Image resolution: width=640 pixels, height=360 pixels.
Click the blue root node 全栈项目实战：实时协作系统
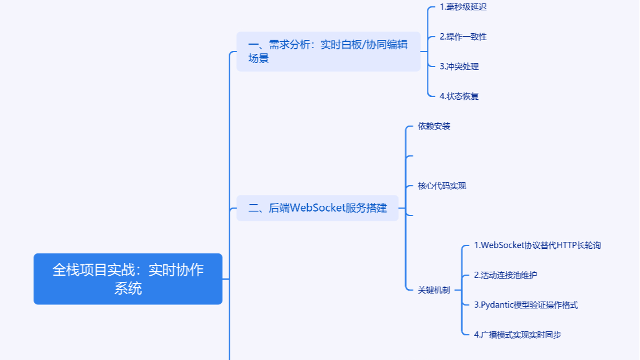(x=128, y=279)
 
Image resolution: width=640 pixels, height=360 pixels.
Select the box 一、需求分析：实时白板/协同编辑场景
(x=328, y=52)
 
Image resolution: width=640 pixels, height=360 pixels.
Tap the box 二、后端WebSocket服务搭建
(x=317, y=208)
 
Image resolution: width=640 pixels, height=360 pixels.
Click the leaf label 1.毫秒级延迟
(x=463, y=7)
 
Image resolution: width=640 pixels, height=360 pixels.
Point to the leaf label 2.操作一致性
(x=463, y=37)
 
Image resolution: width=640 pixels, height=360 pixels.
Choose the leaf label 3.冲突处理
(x=459, y=66)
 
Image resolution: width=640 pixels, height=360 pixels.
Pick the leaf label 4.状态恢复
(x=459, y=96)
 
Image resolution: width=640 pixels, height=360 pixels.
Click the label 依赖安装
(x=434, y=126)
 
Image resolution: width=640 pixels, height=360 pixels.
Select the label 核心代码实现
(x=442, y=186)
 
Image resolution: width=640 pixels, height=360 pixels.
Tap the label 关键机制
(x=434, y=290)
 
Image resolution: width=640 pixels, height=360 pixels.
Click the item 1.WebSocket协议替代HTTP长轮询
(x=537, y=245)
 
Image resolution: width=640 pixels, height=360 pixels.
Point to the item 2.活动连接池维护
(x=505, y=275)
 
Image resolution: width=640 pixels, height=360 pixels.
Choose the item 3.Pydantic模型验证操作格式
(x=526, y=305)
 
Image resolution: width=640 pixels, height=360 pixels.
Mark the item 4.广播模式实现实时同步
(x=517, y=335)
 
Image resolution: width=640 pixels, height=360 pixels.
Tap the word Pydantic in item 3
(x=498, y=305)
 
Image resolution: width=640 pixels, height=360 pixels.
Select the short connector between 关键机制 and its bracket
(x=457, y=290)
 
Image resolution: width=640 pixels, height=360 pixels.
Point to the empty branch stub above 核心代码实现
(x=409, y=156)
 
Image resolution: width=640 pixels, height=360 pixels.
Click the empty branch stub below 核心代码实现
(x=409, y=216)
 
